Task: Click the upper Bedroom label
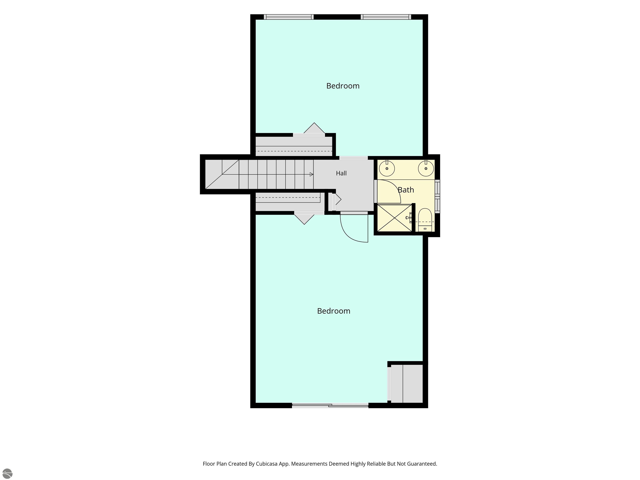click(343, 86)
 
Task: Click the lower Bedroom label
click(334, 311)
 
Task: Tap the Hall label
click(341, 173)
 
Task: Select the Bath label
click(406, 190)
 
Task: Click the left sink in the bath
click(387, 168)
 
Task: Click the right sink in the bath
click(426, 168)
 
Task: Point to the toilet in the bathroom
click(425, 220)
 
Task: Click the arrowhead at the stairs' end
click(312, 174)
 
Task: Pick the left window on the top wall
click(289, 17)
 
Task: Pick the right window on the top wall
click(386, 17)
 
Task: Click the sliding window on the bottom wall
click(330, 406)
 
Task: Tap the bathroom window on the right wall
click(437, 196)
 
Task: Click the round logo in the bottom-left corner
click(7, 473)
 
